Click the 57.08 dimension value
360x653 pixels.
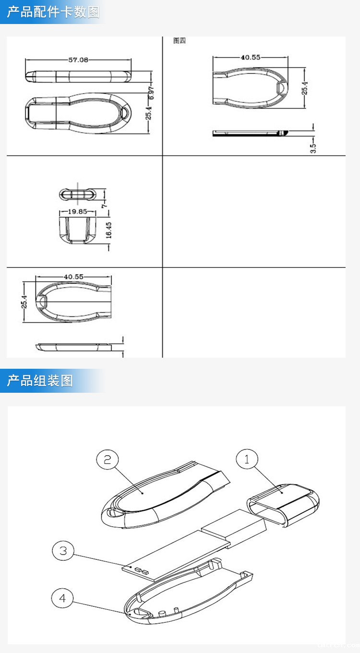tap(78, 60)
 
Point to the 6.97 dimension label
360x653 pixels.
tap(152, 92)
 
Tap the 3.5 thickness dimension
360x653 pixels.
tap(313, 148)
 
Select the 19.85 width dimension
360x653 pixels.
tap(74, 211)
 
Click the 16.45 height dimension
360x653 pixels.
tap(109, 230)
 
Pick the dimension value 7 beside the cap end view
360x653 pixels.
tap(104, 205)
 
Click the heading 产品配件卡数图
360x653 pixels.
tap(53, 12)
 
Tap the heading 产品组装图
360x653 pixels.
tap(40, 381)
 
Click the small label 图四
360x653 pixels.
tap(180, 41)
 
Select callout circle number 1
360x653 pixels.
tap(247, 460)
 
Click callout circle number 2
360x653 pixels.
tap(108, 460)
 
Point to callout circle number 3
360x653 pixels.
tap(63, 550)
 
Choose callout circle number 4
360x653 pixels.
tap(62, 598)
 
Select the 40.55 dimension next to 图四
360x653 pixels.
tap(250, 57)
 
